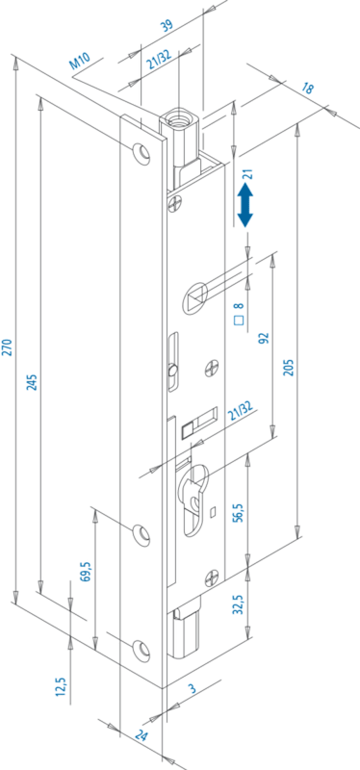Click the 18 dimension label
[x=308, y=89]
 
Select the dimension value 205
[x=289, y=368]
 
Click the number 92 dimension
[x=265, y=339]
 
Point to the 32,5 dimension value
[x=239, y=604]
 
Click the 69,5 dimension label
[x=87, y=571]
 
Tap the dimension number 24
[x=141, y=736]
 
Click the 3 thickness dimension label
[x=193, y=689]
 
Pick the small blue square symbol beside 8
[x=239, y=321]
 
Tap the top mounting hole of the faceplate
[x=141, y=153]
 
